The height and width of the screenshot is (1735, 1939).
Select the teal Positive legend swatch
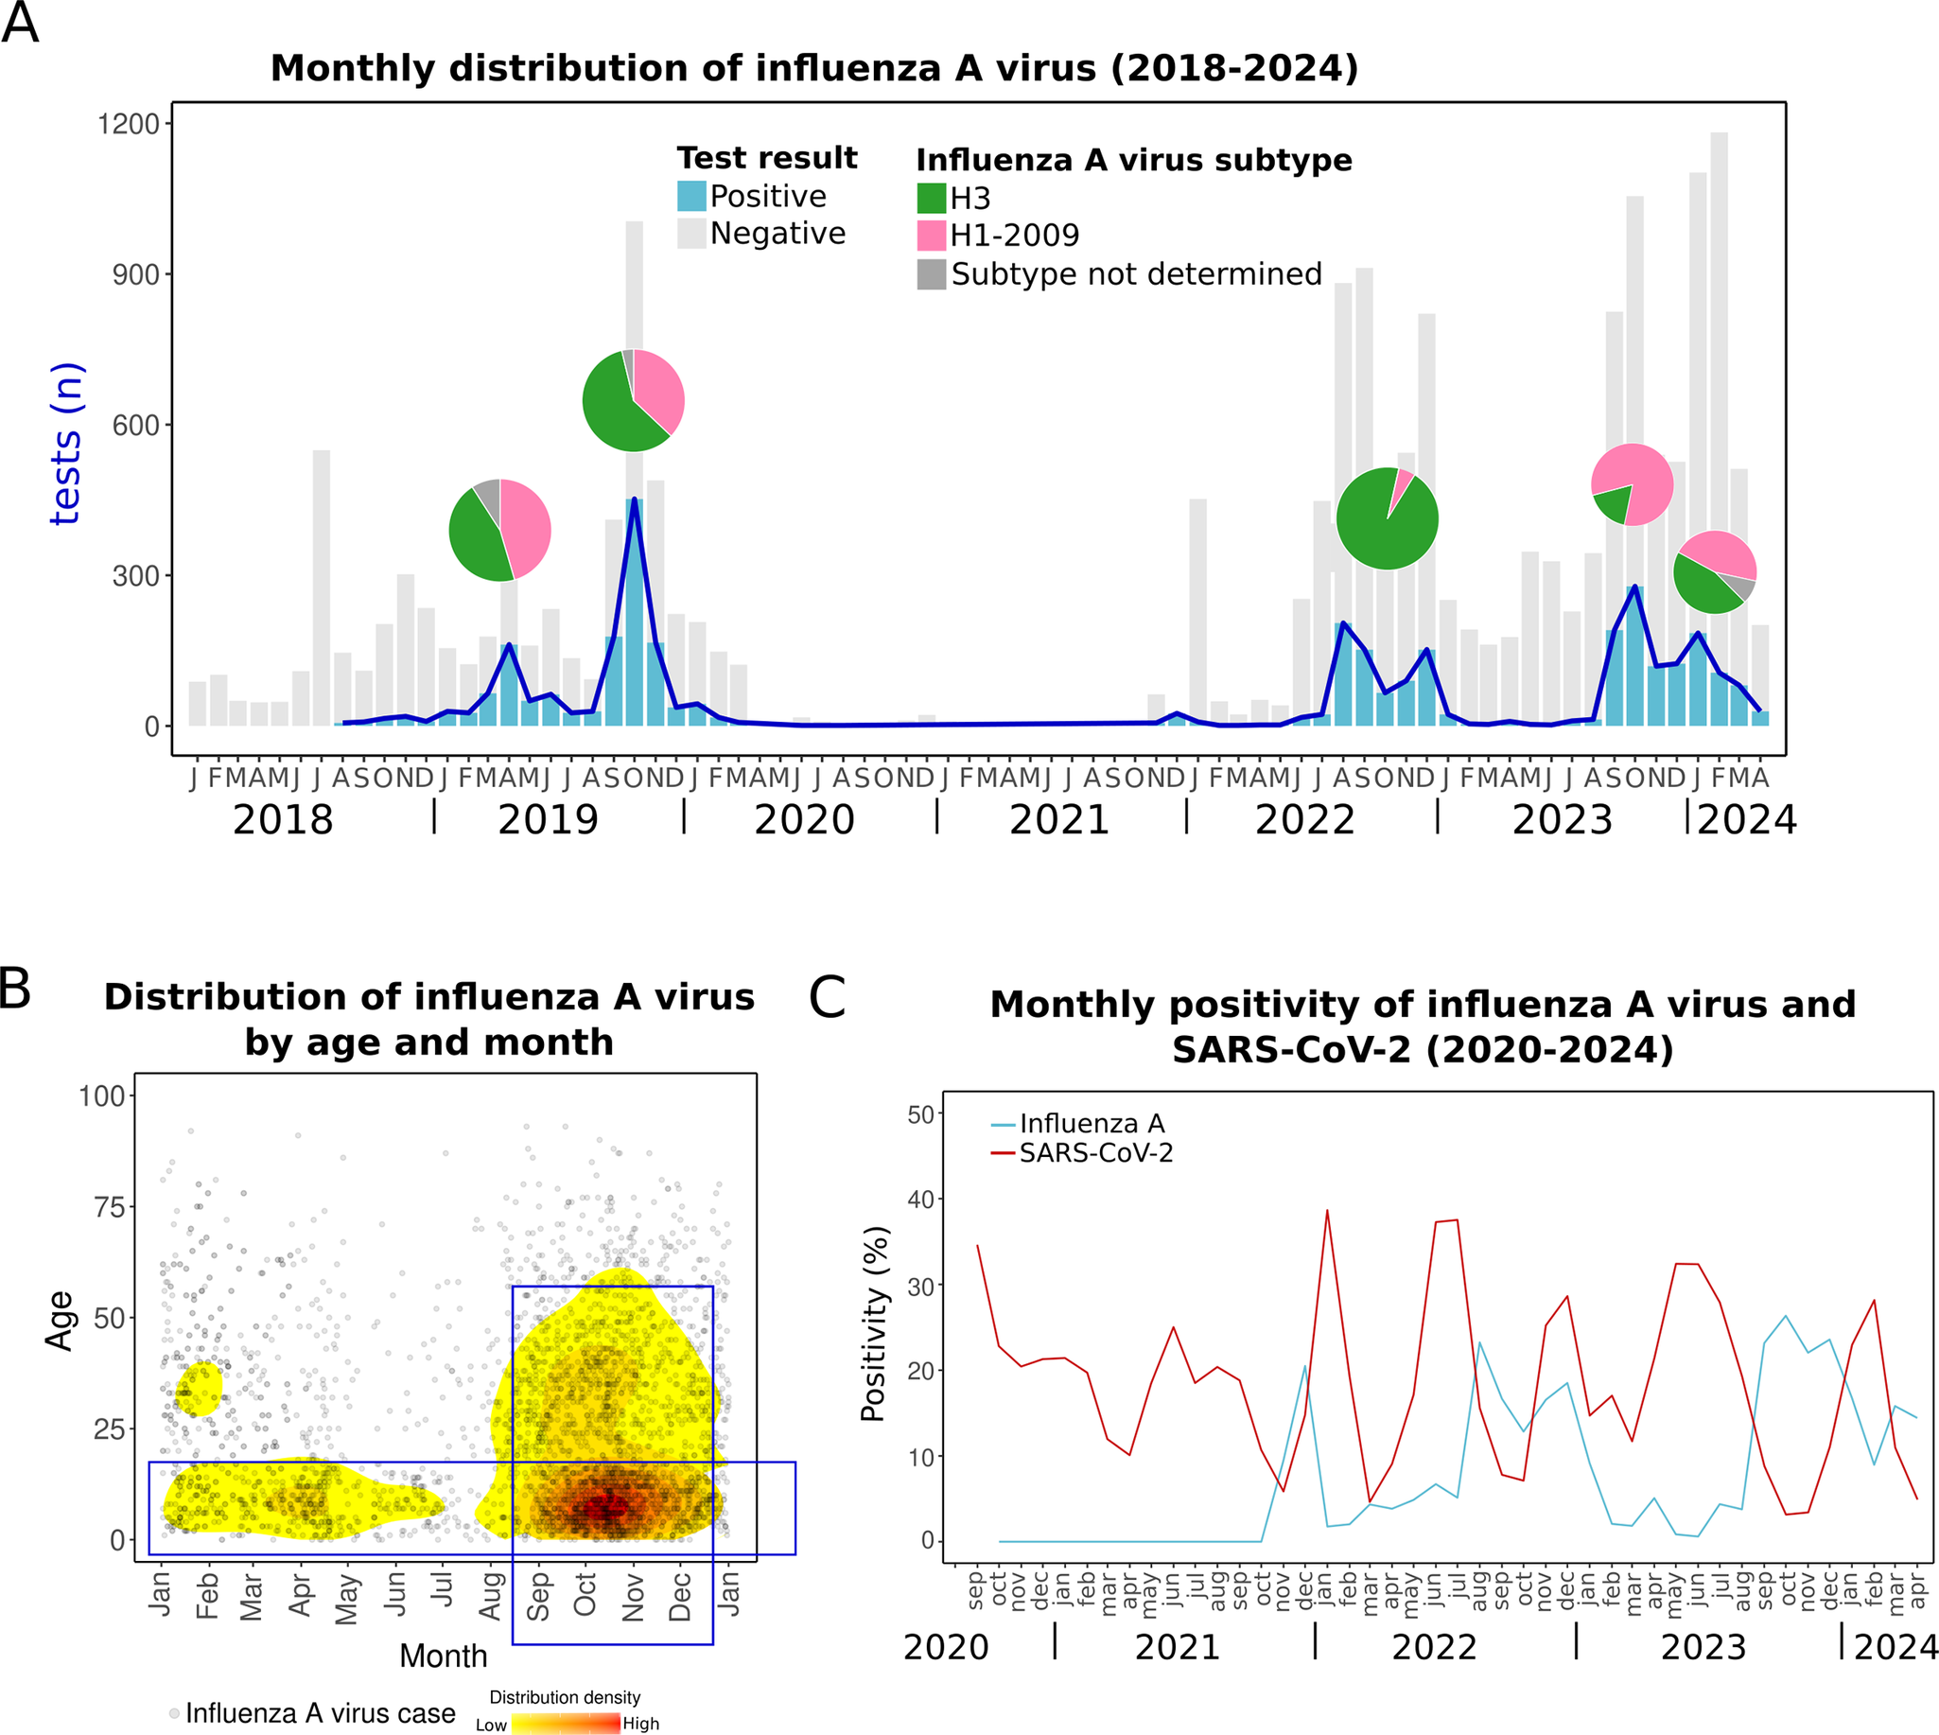(x=691, y=197)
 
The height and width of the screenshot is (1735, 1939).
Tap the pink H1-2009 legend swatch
(x=931, y=236)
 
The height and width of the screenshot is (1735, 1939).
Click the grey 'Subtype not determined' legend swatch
(x=931, y=274)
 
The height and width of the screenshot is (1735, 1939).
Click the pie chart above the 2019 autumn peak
(x=633, y=400)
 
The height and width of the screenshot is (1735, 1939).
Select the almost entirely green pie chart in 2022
(x=1386, y=518)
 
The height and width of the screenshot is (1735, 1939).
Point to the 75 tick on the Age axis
(x=110, y=1208)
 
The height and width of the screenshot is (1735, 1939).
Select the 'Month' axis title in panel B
(x=444, y=1656)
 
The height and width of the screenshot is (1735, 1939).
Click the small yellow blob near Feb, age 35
(x=201, y=1389)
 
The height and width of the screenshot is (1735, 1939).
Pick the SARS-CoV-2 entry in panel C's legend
(x=1094, y=1153)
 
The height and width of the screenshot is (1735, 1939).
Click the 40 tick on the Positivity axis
(x=920, y=1200)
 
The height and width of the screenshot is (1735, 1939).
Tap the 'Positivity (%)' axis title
(x=873, y=1323)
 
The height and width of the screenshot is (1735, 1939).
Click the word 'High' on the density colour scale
(x=640, y=1724)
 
